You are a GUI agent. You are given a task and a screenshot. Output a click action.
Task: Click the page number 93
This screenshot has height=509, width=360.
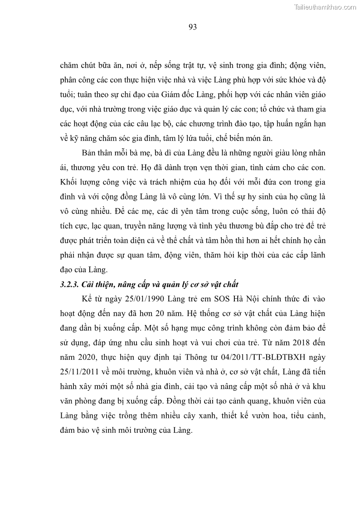(x=192, y=27)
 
